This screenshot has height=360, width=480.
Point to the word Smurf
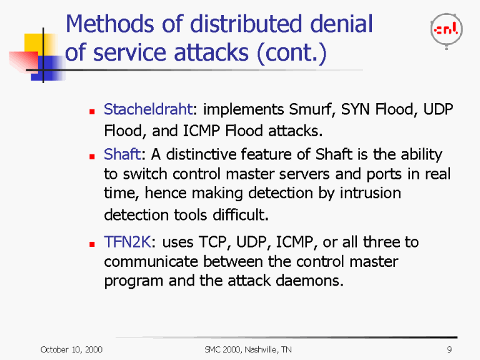click(x=312, y=111)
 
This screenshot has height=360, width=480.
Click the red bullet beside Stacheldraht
click(x=91, y=112)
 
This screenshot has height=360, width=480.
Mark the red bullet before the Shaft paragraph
click(x=91, y=156)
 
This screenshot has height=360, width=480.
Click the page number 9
click(x=449, y=349)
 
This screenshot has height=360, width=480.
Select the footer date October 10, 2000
click(x=71, y=349)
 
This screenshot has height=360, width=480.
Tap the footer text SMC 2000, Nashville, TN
click(x=248, y=349)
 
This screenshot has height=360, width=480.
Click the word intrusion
click(x=369, y=193)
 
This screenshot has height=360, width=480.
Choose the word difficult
click(x=235, y=216)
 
